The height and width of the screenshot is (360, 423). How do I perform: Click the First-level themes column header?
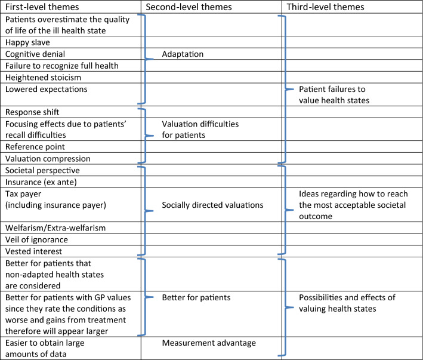[44, 7]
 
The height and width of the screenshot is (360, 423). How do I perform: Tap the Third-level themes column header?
[325, 7]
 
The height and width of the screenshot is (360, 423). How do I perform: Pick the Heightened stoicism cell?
[44, 77]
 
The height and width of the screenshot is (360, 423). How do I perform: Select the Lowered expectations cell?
[46, 89]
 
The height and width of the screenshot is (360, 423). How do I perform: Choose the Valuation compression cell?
[48, 159]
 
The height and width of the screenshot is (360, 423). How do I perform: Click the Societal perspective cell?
[42, 170]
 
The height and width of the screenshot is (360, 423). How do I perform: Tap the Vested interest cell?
[33, 251]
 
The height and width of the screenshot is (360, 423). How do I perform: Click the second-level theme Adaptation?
[183, 54]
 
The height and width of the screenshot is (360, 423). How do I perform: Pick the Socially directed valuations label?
[213, 205]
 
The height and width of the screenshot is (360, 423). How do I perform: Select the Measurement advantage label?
[208, 343]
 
